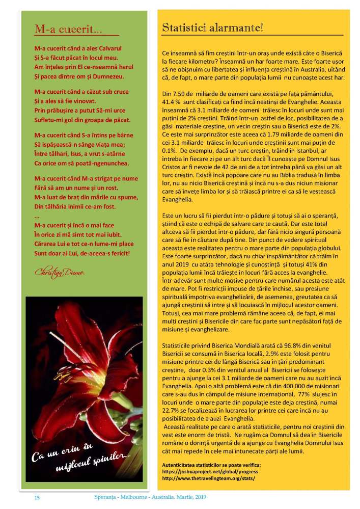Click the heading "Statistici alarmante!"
click(x=212, y=28)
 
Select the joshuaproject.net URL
click(x=207, y=472)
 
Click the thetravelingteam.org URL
click(x=208, y=479)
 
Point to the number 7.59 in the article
click(x=179, y=94)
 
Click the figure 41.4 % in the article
click(x=172, y=102)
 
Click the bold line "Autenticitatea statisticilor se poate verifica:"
click(x=211, y=465)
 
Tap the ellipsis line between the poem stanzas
click(x=36, y=216)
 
